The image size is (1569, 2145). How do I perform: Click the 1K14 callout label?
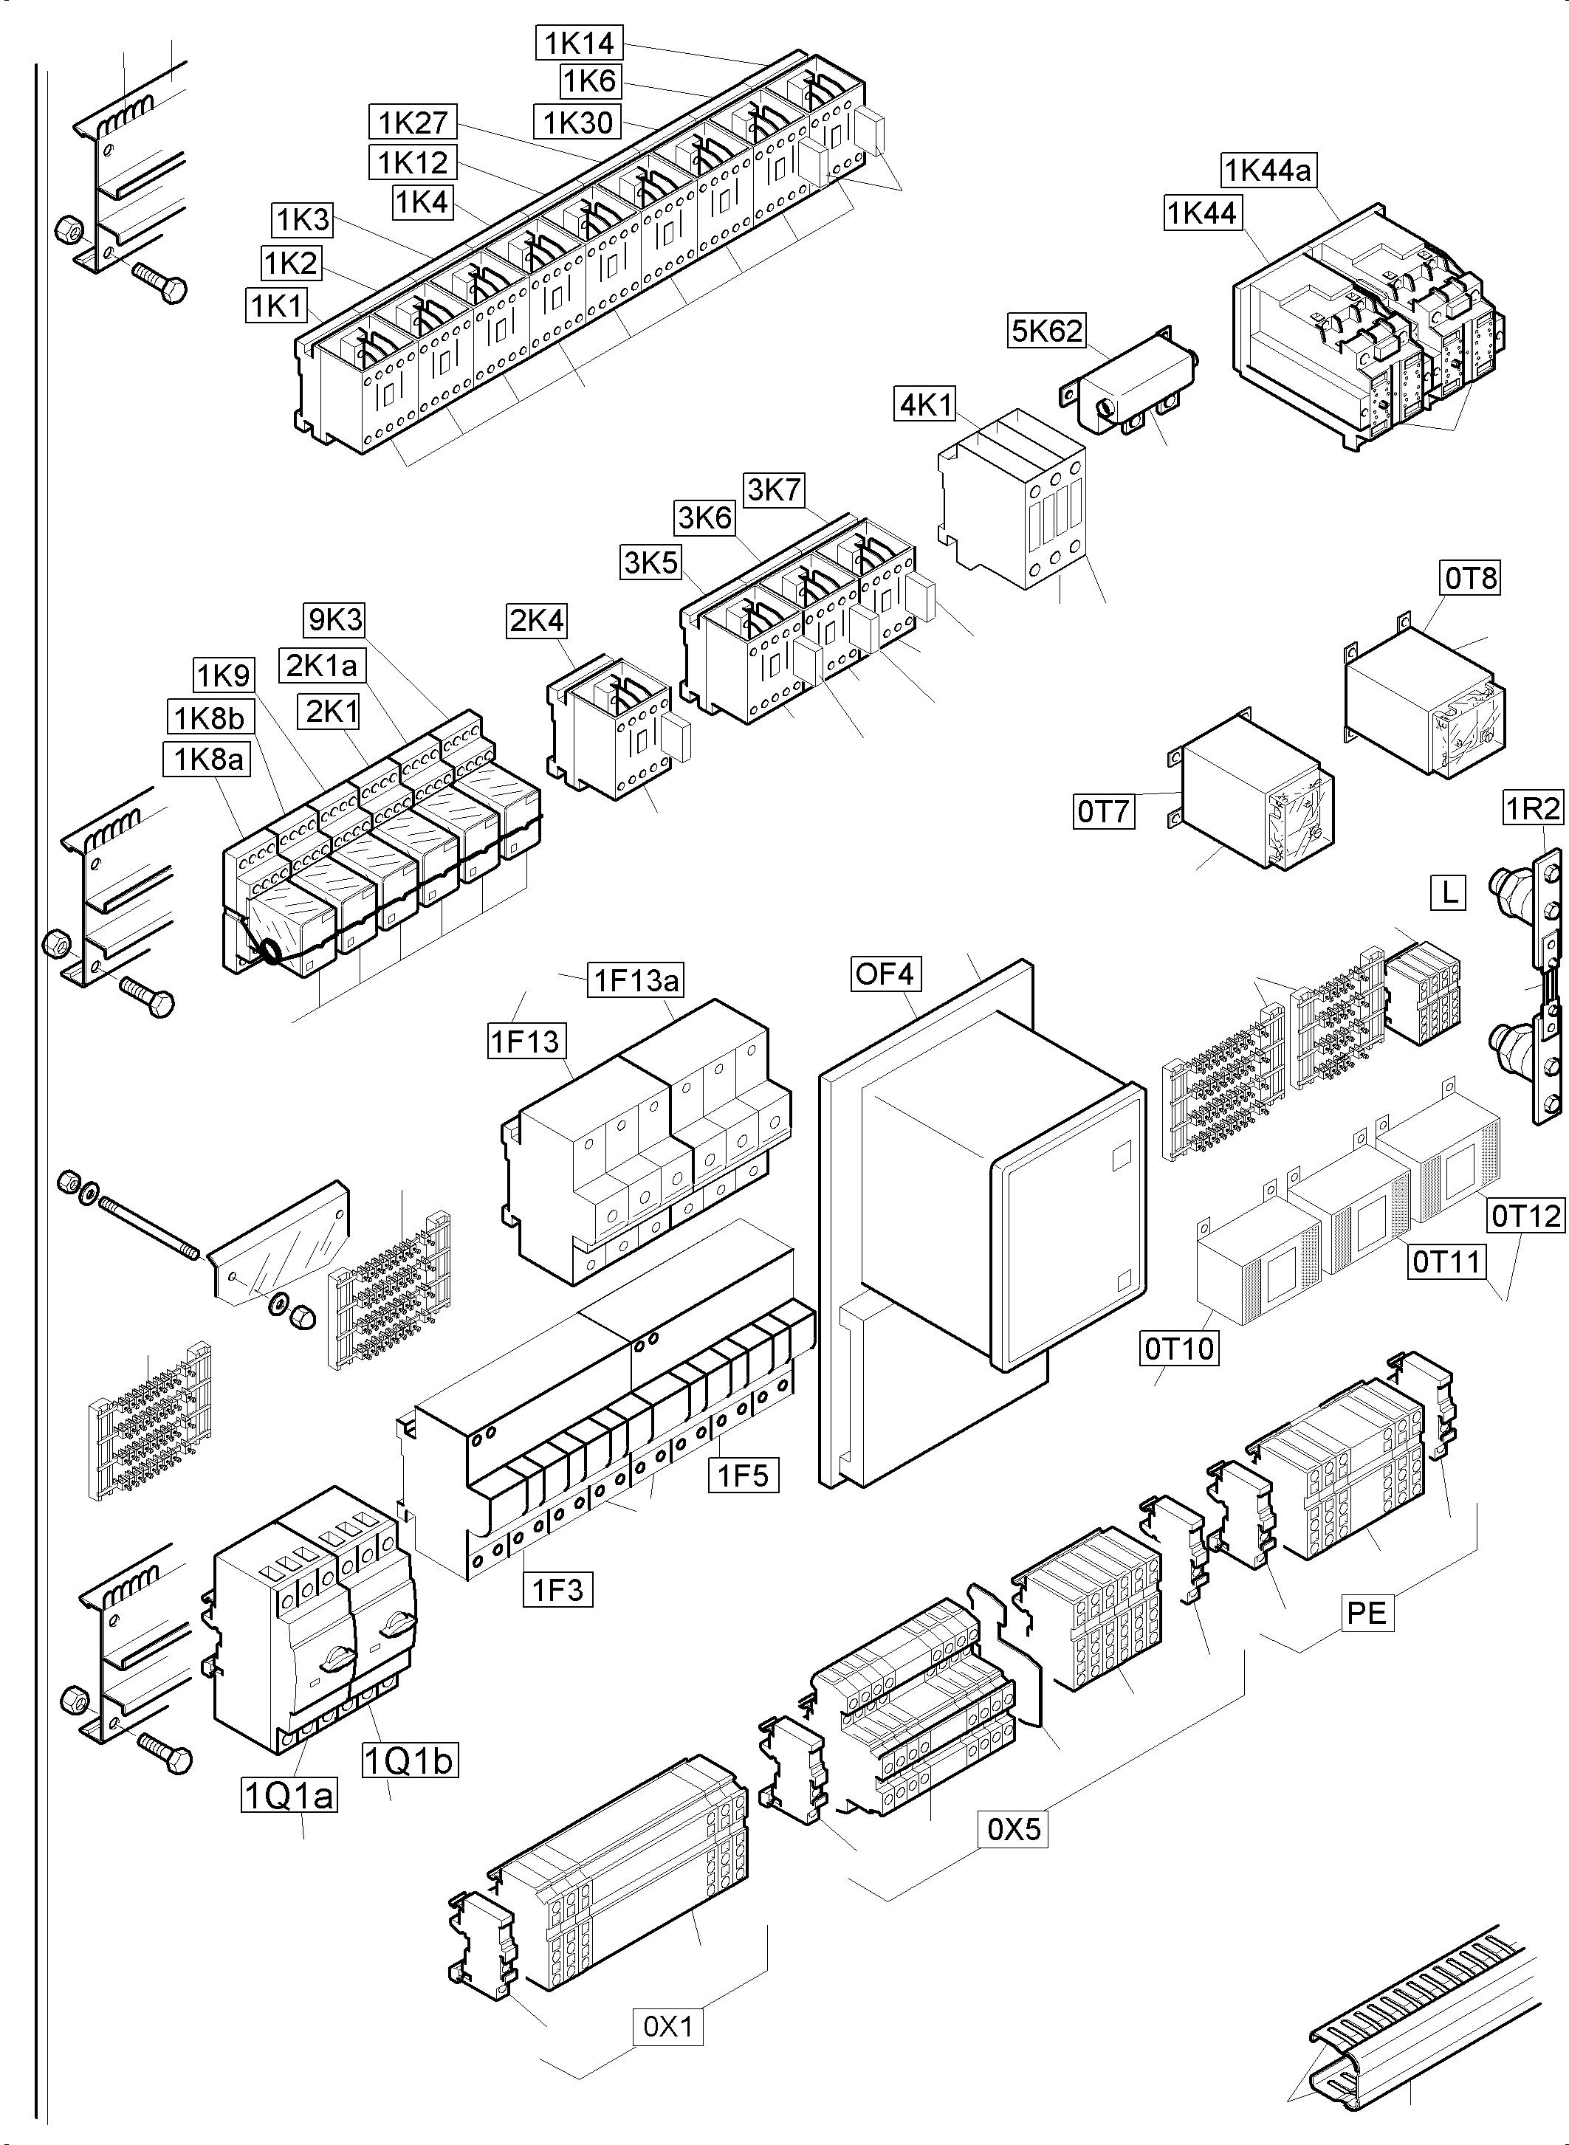click(580, 43)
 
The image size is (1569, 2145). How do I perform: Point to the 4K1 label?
click(926, 404)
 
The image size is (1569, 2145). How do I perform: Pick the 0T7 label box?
click(1105, 812)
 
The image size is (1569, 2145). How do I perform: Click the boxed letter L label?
click(1449, 892)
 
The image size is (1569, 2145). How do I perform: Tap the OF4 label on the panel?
click(885, 974)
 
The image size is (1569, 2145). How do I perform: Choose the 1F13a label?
click(636, 980)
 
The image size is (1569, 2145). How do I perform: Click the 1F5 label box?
click(743, 1476)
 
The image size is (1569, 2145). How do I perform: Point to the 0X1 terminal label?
click(667, 2027)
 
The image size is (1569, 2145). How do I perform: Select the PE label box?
click(1367, 1614)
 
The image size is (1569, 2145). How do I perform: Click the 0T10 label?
click(1178, 1349)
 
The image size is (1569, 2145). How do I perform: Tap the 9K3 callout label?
click(335, 620)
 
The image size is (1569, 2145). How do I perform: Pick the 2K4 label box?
click(537, 621)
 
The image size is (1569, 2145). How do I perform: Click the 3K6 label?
click(704, 518)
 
